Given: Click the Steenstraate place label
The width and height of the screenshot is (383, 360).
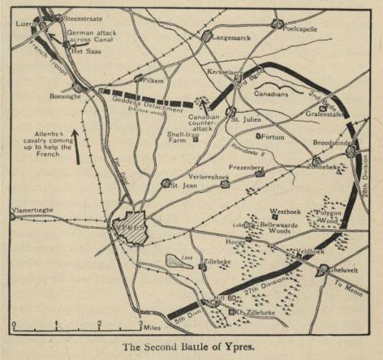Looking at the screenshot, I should coord(80,17).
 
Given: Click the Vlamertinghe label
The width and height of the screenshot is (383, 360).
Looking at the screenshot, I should coord(32,210).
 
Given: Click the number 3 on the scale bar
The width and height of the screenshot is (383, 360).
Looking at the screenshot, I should coord(140,324).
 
